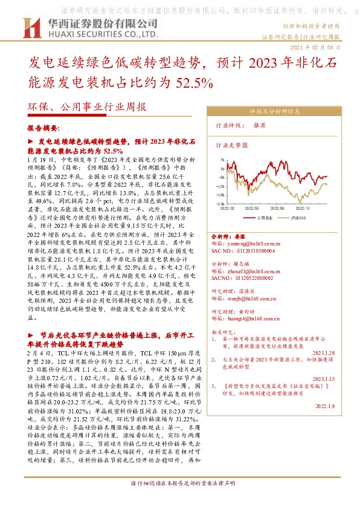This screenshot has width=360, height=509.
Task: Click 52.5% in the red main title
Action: (x=194, y=82)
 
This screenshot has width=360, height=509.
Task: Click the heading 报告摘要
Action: (x=43, y=129)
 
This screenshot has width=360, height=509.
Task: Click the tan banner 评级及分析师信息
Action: (x=275, y=112)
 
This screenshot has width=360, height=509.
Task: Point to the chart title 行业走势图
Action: (x=232, y=146)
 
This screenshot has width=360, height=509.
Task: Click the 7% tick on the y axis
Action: (x=222, y=161)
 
